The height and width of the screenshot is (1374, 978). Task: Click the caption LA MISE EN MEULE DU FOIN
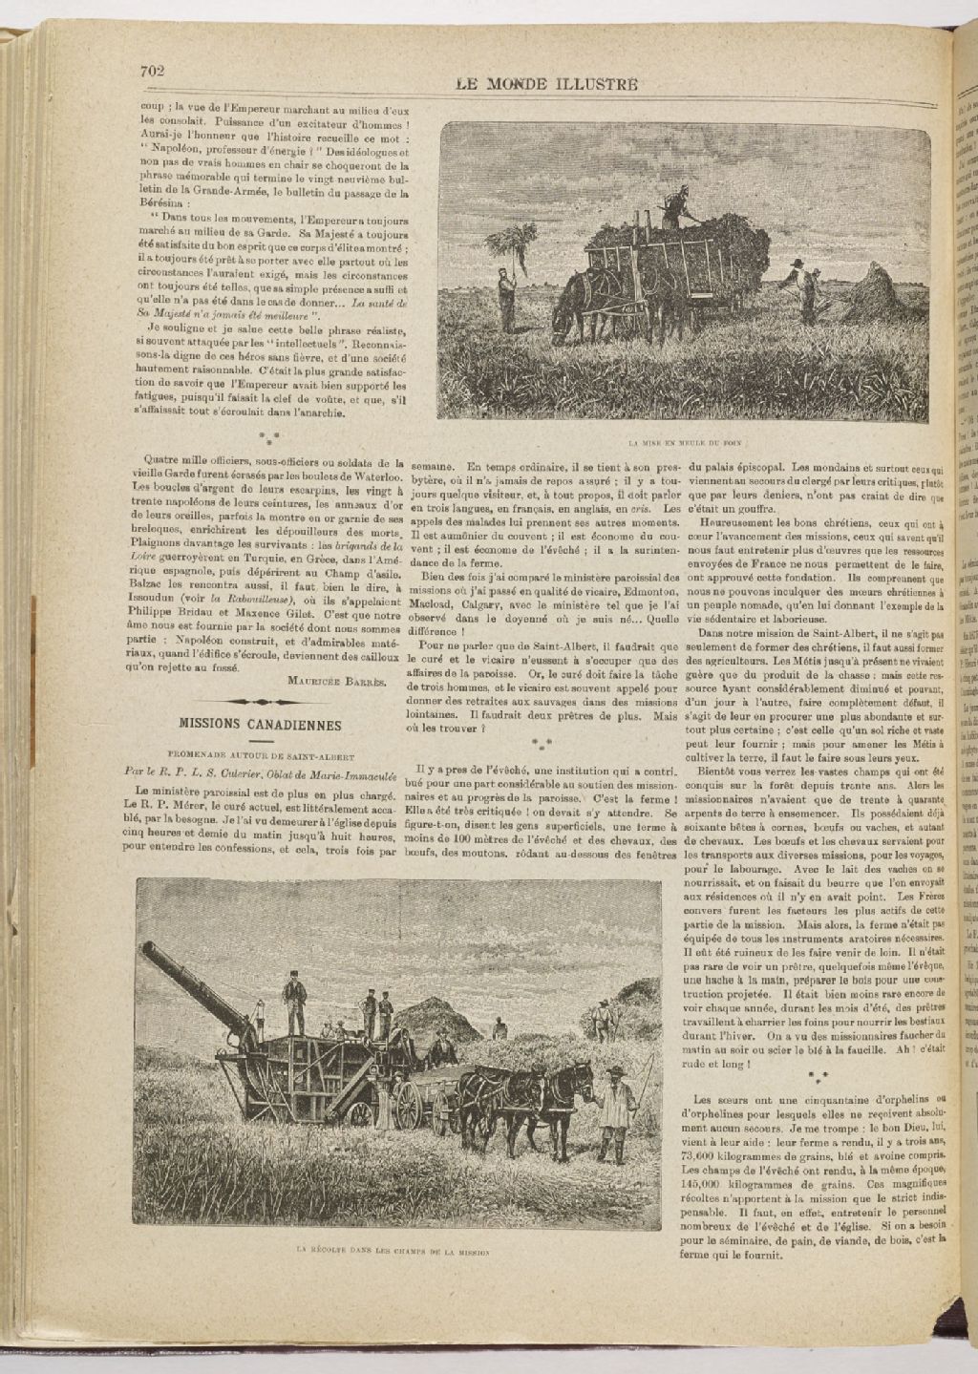pyautogui.click(x=685, y=443)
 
